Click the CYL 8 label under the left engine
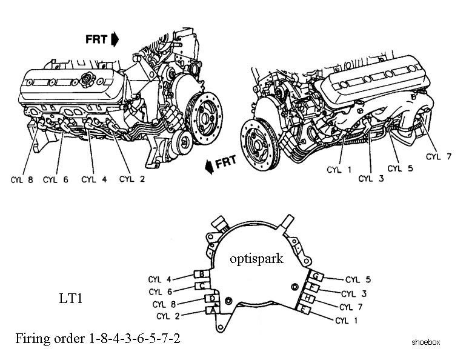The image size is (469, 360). (22, 180)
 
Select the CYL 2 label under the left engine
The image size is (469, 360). (132, 179)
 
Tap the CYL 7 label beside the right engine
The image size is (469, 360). (439, 156)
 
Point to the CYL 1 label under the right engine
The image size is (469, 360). (339, 170)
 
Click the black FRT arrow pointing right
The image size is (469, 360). (115, 39)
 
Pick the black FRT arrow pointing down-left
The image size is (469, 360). (210, 166)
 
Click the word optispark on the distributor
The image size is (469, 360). (256, 259)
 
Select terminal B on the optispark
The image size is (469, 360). (202, 273)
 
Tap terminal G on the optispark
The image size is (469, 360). (316, 276)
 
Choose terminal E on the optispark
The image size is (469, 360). (304, 310)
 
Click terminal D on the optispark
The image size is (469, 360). (212, 298)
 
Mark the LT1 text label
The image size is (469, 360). (70, 298)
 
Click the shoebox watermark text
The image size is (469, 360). (425, 342)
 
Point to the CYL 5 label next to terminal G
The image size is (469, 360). (358, 279)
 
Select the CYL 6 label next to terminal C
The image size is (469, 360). (161, 292)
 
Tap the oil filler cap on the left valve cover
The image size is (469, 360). (88, 79)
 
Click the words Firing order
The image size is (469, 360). (50, 338)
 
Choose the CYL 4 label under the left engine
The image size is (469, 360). (94, 179)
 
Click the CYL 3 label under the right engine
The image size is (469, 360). (371, 179)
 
